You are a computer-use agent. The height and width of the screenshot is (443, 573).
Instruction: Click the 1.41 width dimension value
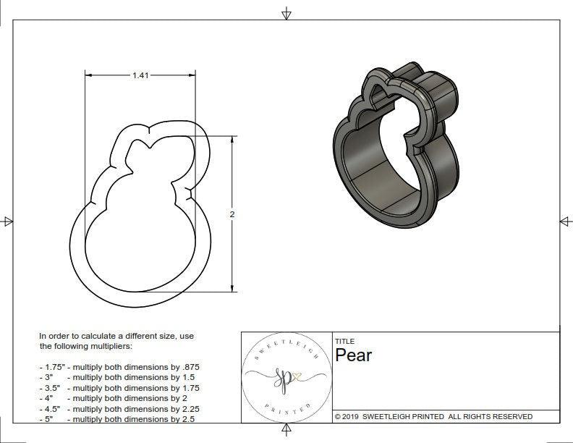click(x=140, y=75)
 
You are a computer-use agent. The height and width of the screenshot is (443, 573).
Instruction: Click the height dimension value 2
click(x=232, y=214)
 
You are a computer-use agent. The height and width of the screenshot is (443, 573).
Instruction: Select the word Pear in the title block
click(x=353, y=355)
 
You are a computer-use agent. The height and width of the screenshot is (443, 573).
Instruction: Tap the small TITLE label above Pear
click(x=344, y=341)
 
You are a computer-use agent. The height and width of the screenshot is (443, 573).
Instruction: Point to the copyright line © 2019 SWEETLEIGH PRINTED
click(x=433, y=416)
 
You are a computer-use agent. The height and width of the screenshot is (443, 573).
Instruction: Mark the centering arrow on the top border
click(x=286, y=13)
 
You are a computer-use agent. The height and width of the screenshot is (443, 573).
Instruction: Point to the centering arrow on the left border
click(x=7, y=221)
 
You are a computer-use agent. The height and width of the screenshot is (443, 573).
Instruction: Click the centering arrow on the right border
click(x=565, y=221)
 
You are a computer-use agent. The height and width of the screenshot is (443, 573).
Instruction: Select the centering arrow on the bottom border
click(x=286, y=431)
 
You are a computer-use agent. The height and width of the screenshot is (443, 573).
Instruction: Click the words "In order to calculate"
click(x=80, y=336)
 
